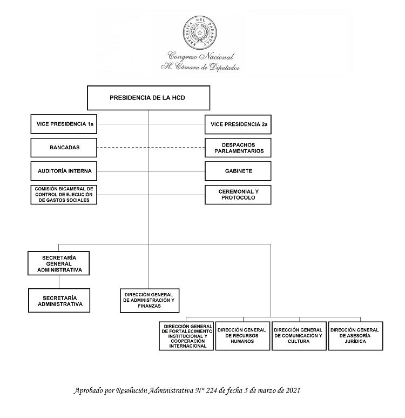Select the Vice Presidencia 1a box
64,124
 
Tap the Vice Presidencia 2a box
238,124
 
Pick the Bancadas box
64,148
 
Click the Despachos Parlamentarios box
238,148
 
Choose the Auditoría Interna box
64,171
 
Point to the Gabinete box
238,171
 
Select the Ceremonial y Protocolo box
238,194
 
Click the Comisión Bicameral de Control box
64,194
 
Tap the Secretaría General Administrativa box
59,262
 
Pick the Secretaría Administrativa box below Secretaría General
59,301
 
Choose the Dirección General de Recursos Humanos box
242,336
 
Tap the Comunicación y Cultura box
299,336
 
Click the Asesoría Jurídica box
355,336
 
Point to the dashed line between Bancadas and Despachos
151,148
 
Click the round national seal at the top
201,33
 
